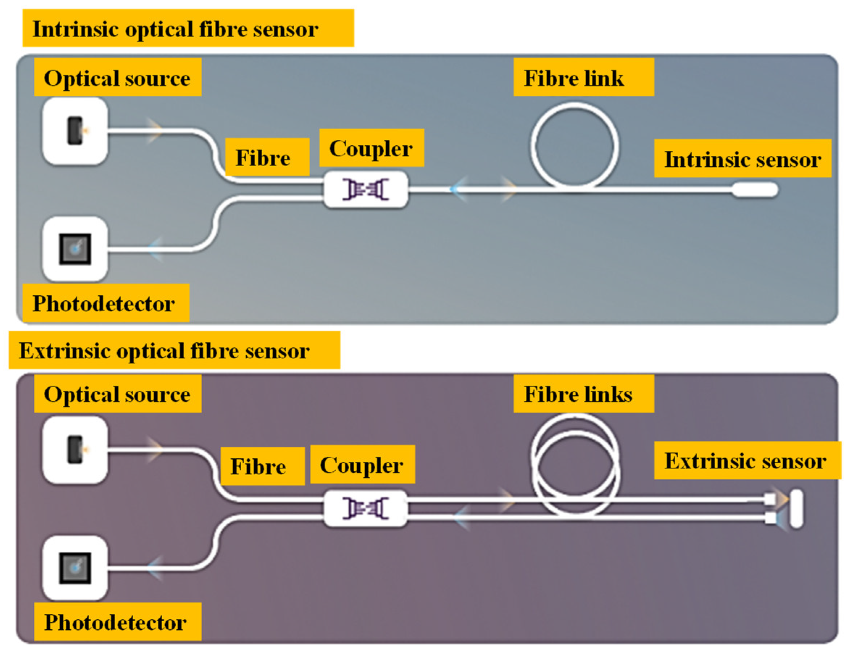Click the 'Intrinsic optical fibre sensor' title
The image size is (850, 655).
click(175, 29)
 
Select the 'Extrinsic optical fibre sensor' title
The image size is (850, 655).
click(164, 351)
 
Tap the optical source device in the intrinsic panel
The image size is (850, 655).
click(75, 131)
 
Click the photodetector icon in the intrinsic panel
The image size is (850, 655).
click(75, 249)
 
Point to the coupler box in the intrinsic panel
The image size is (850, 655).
click(366, 189)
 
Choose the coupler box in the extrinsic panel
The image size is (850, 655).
click(366, 508)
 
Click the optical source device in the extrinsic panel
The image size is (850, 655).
click(75, 450)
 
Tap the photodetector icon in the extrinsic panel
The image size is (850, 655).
click(75, 568)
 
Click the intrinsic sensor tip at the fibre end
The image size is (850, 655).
click(755, 190)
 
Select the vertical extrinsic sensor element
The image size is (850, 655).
click(796, 509)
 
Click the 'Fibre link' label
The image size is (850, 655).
click(574, 78)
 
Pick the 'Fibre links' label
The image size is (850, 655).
click(578, 394)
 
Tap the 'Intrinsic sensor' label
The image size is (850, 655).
click(743, 159)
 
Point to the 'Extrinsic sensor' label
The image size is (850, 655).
click(745, 461)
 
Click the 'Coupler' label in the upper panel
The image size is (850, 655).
click(371, 148)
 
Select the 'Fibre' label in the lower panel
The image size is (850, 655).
click(258, 466)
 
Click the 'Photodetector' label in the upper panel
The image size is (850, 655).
click(104, 304)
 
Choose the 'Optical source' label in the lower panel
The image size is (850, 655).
click(117, 394)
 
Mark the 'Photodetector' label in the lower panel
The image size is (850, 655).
click(116, 622)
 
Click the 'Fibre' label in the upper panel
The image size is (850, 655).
click(263, 157)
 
